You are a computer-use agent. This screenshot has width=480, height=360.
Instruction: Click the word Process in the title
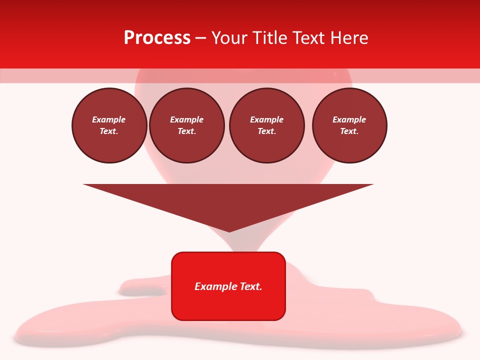[157, 38]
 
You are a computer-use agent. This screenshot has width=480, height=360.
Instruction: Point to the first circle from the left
[109, 125]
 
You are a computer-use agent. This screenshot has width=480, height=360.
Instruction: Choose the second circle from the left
[187, 125]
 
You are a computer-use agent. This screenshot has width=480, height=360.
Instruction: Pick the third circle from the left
[266, 125]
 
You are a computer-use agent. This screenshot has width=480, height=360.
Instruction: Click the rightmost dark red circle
[349, 125]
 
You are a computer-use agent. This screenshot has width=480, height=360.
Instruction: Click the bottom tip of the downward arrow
[229, 231]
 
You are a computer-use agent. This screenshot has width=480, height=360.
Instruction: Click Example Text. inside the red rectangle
[228, 286]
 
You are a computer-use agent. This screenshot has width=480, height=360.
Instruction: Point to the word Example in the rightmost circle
[349, 119]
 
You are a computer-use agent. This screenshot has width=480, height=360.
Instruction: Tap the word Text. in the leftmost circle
[109, 131]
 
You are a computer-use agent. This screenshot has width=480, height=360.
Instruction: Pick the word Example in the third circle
[266, 119]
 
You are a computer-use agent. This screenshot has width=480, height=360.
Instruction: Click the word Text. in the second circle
[187, 131]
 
